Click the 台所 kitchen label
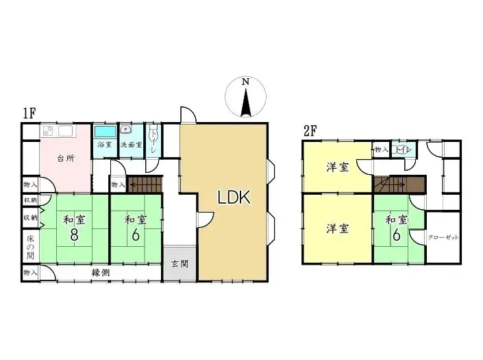(65, 158)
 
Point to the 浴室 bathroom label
(105, 145)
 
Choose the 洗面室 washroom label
(131, 145)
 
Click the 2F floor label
(310, 129)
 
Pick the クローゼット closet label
(443, 238)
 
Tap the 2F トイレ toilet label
(402, 149)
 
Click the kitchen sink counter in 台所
(59, 131)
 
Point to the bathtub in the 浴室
(105, 132)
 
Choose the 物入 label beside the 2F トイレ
(381, 149)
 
